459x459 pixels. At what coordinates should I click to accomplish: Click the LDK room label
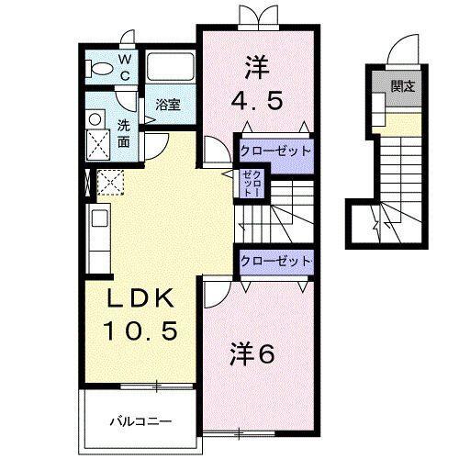pyautogui.click(x=141, y=301)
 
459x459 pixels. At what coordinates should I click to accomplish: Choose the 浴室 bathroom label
pyautogui.click(x=167, y=105)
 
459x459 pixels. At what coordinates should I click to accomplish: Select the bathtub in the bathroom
pyautogui.click(x=172, y=66)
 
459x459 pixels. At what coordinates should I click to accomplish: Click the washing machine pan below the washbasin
pyautogui.click(x=97, y=142)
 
